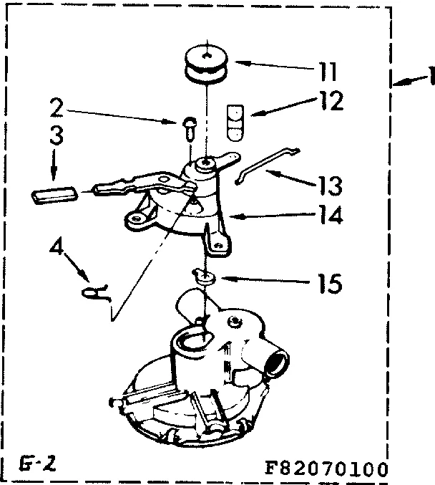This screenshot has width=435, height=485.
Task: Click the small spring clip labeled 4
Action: [x=94, y=290]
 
